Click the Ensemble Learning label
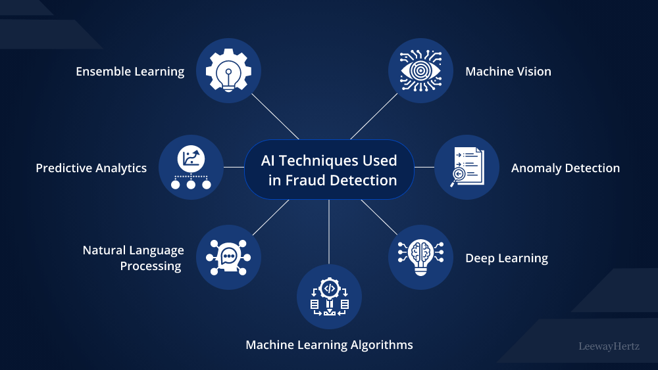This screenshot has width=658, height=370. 130,72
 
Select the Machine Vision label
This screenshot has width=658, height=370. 508,72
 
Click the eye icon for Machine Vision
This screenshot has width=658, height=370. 420,70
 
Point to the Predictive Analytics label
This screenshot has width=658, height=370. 91,168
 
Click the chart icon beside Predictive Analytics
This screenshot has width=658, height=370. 191,168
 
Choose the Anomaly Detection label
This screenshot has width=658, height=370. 565,168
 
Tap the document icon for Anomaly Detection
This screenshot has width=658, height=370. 467,168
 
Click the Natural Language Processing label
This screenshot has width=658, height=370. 133,258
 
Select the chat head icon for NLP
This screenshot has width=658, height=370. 229,258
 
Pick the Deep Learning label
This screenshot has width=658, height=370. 507,258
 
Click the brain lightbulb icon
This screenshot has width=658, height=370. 420,257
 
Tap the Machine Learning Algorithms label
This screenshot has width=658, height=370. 329,345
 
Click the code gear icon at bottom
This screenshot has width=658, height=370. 329,297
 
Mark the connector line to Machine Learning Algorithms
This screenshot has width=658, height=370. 329,230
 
